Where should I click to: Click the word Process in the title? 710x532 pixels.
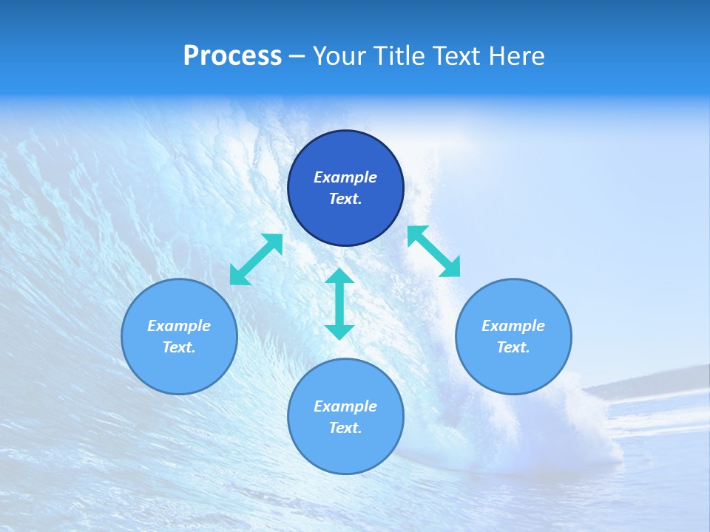pyautogui.click(x=232, y=56)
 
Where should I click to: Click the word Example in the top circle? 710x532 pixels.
pyautogui.click(x=345, y=177)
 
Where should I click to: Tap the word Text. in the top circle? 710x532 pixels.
pyautogui.click(x=345, y=199)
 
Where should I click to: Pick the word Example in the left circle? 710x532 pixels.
pyautogui.click(x=179, y=326)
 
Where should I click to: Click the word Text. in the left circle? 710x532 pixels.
pyautogui.click(x=179, y=347)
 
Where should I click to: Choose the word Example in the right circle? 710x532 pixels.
pyautogui.click(x=513, y=326)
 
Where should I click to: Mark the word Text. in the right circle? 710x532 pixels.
pyautogui.click(x=513, y=347)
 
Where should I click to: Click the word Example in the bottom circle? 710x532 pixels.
pyautogui.click(x=345, y=406)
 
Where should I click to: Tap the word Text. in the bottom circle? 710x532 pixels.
pyautogui.click(x=345, y=428)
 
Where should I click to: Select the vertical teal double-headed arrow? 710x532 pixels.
pyautogui.click(x=339, y=304)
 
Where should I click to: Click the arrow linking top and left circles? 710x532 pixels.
pyautogui.click(x=256, y=259)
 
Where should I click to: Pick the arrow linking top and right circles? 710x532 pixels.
pyautogui.click(x=433, y=251)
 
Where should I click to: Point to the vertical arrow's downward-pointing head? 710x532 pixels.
pyautogui.click(x=339, y=331)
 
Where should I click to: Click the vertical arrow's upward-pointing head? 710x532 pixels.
pyautogui.click(x=339, y=276)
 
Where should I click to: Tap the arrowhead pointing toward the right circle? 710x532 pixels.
pyautogui.click(x=450, y=267)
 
